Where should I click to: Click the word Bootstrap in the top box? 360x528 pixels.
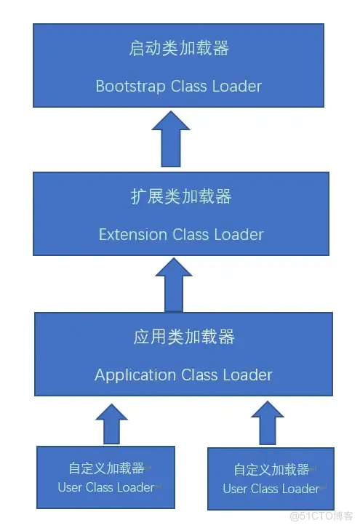[131, 87]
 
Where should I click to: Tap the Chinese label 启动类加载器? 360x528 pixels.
[179, 48]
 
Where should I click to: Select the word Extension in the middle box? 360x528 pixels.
[133, 234]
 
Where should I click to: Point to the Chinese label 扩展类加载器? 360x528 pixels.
[181, 196]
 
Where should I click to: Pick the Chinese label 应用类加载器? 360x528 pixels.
[184, 337]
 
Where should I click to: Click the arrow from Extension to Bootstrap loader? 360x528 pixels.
[171, 139]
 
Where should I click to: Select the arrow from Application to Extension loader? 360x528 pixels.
[174, 285]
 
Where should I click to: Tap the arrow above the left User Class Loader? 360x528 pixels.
[112, 424]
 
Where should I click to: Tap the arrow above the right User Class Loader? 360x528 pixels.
[268, 423]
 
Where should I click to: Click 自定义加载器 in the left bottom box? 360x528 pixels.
[106, 468]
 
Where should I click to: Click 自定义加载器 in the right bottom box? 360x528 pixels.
[271, 470]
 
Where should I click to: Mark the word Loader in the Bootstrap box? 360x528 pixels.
[237, 87]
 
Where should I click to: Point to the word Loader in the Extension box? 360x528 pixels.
[239, 234]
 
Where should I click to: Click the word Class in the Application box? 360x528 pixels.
[199, 375]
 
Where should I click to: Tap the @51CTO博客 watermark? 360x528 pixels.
[321, 516]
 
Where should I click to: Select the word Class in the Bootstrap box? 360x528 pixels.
[189, 87]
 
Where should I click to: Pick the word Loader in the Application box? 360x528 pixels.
[247, 375]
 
